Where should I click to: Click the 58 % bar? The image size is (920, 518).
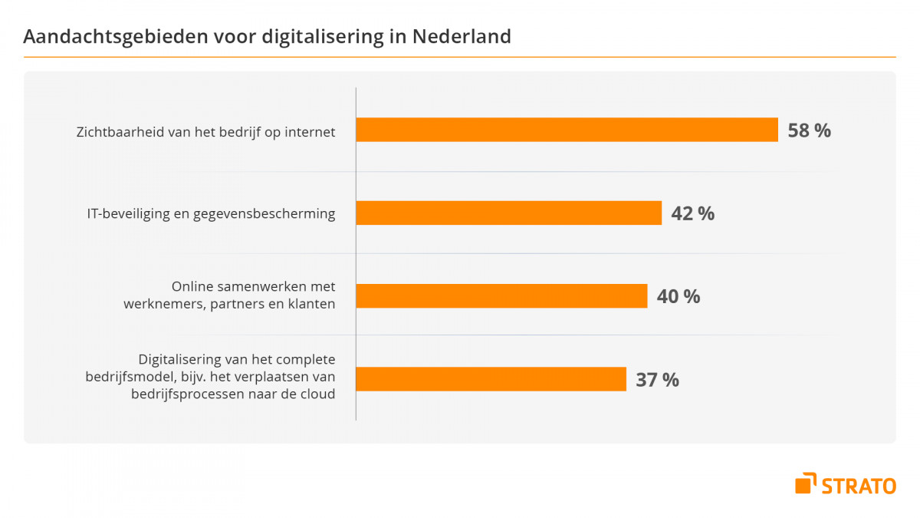[567, 130]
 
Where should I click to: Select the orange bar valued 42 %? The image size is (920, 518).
[509, 213]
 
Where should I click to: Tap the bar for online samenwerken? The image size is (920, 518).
[502, 295]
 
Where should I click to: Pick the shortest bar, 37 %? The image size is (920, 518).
[491, 379]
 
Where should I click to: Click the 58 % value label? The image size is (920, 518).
[810, 130]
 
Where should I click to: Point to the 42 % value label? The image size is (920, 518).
[692, 213]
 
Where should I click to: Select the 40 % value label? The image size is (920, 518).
[678, 296]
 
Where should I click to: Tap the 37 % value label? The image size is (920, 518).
[657, 379]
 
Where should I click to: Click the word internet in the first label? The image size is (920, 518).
[310, 131]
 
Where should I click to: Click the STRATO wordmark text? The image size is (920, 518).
[859, 485]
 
